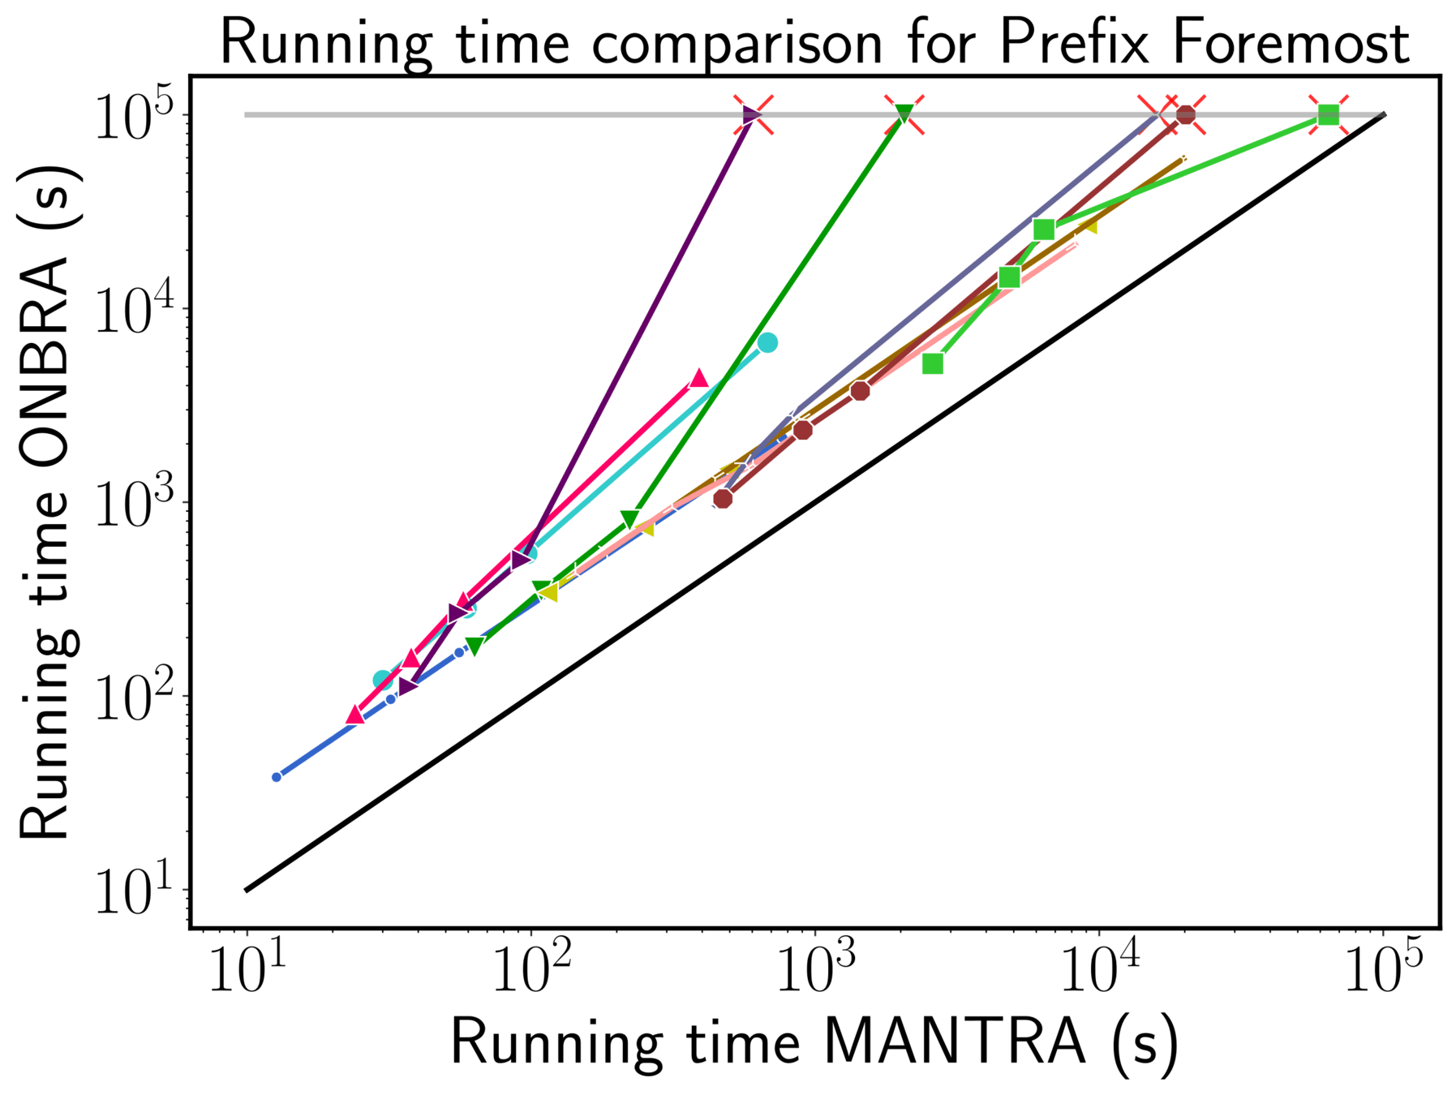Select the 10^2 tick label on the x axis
pos(531,970)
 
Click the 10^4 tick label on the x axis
pos(1099,970)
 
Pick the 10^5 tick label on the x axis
pos(1384,970)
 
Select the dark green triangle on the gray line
pos(904,114)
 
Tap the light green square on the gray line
pos(1328,115)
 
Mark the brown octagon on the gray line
pos(1186,115)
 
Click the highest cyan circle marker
pos(767,343)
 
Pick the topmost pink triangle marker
pos(699,378)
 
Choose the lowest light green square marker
pos(933,364)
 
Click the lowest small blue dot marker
pos(277,777)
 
